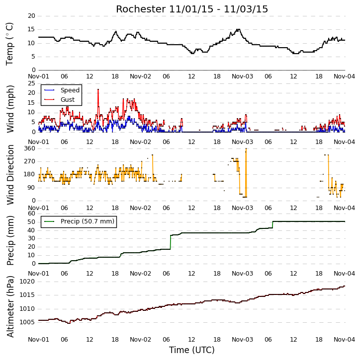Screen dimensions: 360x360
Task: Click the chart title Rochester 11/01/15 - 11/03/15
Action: (192, 9)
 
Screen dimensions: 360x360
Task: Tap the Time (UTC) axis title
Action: (192, 350)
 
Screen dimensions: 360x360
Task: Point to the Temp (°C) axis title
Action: (9, 44)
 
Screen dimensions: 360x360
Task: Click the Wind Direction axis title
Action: (10, 175)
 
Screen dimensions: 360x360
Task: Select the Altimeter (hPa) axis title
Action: (10, 306)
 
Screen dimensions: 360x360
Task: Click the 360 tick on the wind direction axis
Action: (30, 148)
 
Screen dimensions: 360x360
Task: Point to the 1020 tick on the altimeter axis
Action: (27, 282)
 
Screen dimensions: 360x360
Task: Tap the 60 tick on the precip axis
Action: (31, 214)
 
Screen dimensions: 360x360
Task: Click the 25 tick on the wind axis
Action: (31, 83)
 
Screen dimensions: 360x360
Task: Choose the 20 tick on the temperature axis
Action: (31, 16)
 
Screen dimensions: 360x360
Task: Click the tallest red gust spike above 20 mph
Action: (98, 90)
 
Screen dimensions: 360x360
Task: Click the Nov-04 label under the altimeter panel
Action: (344, 339)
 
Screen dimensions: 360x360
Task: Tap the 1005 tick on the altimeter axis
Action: (27, 322)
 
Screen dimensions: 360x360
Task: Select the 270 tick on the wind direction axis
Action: (30, 161)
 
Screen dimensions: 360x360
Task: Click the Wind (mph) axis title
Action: (10, 109)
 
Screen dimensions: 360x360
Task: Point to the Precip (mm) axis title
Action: (10, 240)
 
